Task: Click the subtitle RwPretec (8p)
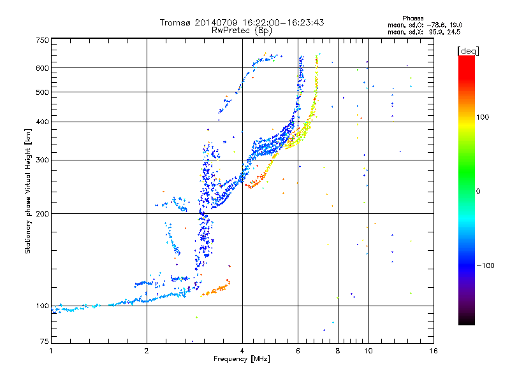pyautogui.click(x=242, y=31)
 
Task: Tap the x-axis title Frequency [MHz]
pyautogui.click(x=242, y=359)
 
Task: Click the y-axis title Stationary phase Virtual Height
pyautogui.click(x=27, y=191)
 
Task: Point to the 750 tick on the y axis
pyautogui.click(x=43, y=40)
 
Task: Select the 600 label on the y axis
pyautogui.click(x=43, y=68)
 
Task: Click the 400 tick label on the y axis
pyautogui.click(x=43, y=122)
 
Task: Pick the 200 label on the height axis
pyautogui.click(x=43, y=214)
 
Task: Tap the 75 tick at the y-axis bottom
pyautogui.click(x=45, y=341)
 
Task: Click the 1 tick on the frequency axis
pyautogui.click(x=52, y=351)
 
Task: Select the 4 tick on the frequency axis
pyautogui.click(x=242, y=351)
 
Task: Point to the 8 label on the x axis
pyautogui.click(x=338, y=351)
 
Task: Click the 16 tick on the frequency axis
pyautogui.click(x=433, y=351)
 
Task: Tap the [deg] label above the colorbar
pyautogui.click(x=468, y=51)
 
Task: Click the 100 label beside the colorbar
pyautogui.click(x=483, y=117)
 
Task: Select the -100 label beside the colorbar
pyautogui.click(x=485, y=265)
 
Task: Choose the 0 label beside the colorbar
pyautogui.click(x=478, y=192)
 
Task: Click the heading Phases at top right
pyautogui.click(x=412, y=18)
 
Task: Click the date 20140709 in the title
pyautogui.click(x=216, y=22)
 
